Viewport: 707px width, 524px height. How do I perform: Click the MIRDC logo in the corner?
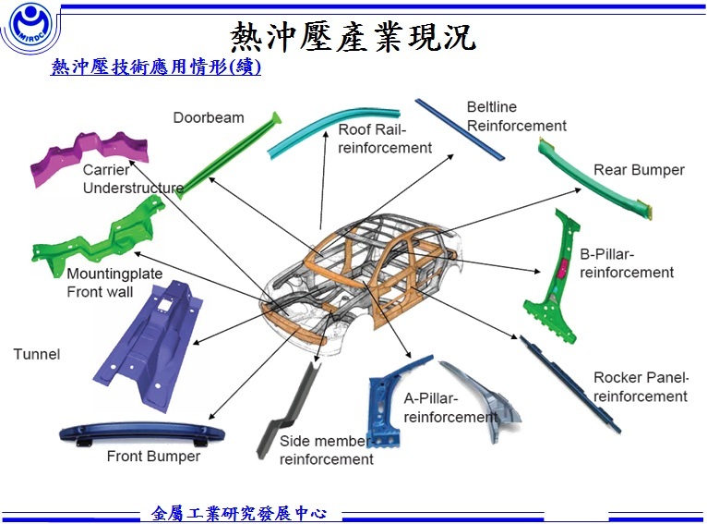click(x=30, y=26)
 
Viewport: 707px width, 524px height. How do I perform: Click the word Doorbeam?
click(x=209, y=117)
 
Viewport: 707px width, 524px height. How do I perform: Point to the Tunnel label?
click(x=37, y=354)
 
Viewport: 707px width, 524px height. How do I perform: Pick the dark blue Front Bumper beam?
click(x=142, y=433)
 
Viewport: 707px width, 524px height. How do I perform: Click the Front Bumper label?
click(x=153, y=457)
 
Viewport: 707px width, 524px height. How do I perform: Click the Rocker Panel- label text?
click(x=641, y=377)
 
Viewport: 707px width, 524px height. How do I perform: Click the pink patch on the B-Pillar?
click(x=562, y=268)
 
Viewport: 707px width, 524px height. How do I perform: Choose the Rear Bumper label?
click(x=639, y=170)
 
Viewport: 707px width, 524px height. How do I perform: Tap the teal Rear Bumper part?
click(x=595, y=180)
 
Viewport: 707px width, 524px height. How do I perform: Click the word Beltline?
click(x=492, y=107)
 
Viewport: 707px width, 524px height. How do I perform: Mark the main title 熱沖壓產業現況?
click(x=353, y=36)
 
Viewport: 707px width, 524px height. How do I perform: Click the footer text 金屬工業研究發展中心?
click(x=239, y=513)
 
